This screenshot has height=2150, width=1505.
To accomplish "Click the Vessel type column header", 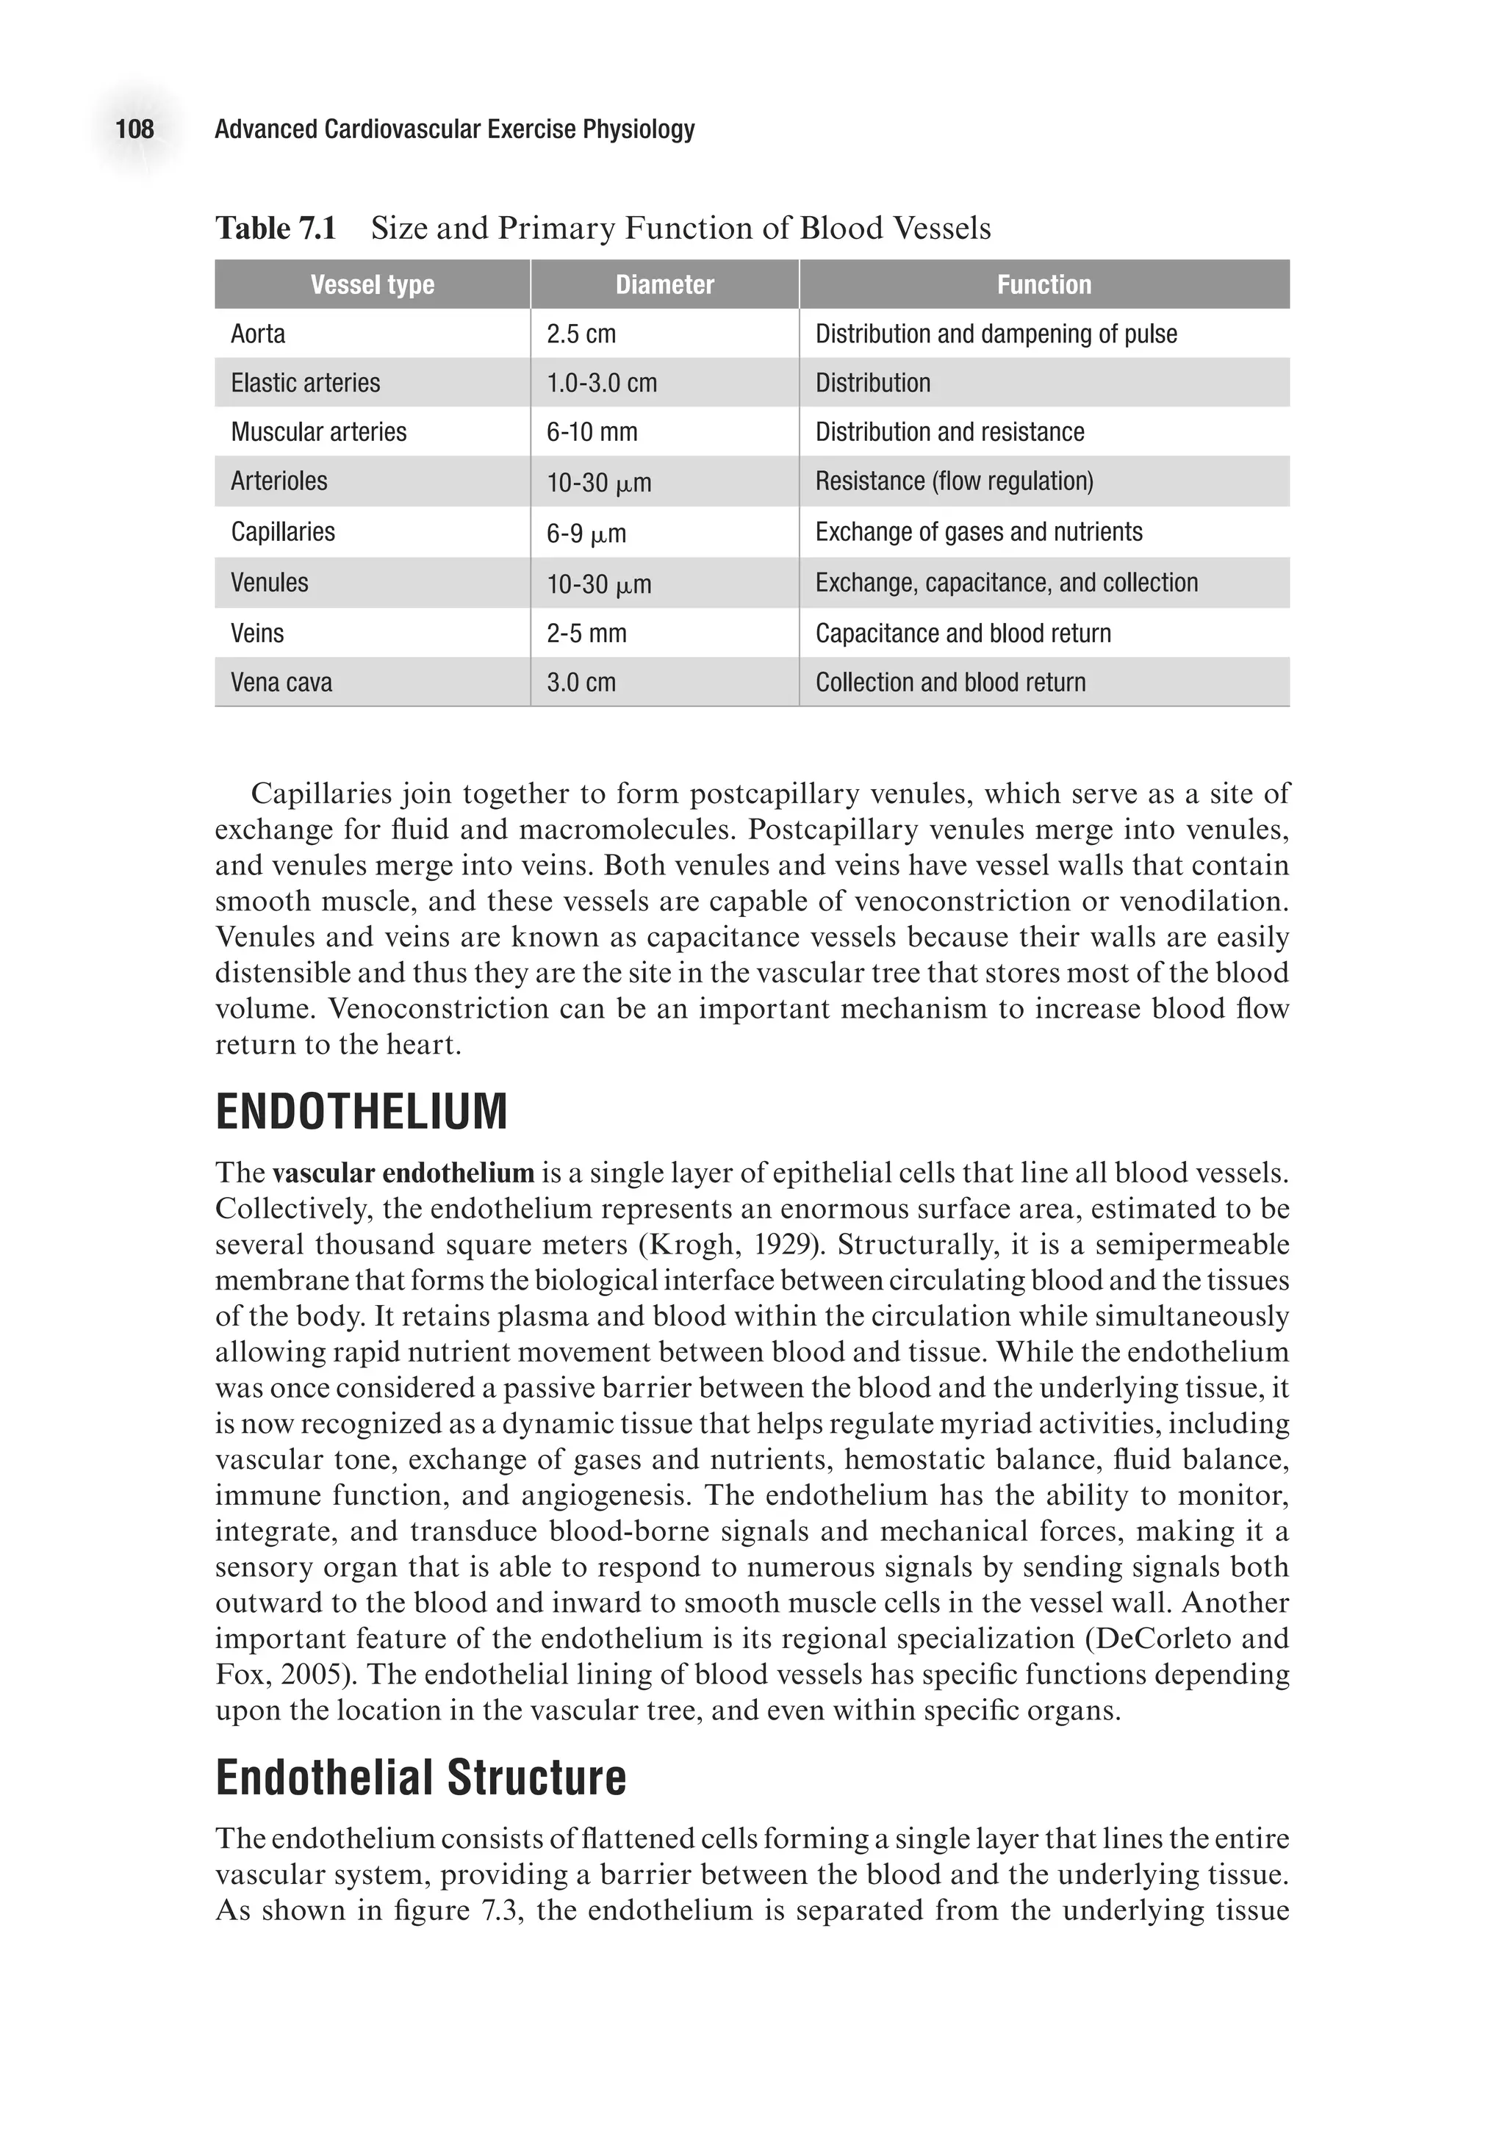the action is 372,284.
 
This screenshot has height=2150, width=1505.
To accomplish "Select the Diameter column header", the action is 664,284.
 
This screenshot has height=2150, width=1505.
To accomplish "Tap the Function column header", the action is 1044,284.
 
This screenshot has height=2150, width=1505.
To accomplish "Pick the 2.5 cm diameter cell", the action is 581,334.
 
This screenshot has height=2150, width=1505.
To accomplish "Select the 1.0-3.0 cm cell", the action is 601,383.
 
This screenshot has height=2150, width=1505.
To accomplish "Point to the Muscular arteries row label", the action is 318,431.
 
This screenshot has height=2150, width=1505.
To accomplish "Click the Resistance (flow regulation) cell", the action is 953,481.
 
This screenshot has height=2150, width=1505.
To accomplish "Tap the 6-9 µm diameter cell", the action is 586,533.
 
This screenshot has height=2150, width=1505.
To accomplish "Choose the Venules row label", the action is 269,583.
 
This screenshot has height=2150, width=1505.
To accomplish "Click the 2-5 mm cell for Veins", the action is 586,633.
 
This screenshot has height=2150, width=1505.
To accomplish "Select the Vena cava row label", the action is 281,683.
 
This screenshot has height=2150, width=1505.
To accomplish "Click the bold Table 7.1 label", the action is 276,228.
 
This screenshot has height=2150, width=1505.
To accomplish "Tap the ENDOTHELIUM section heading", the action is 362,1112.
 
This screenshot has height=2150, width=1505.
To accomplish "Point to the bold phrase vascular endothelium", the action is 403,1173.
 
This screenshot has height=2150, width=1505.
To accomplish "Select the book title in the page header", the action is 454,129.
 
